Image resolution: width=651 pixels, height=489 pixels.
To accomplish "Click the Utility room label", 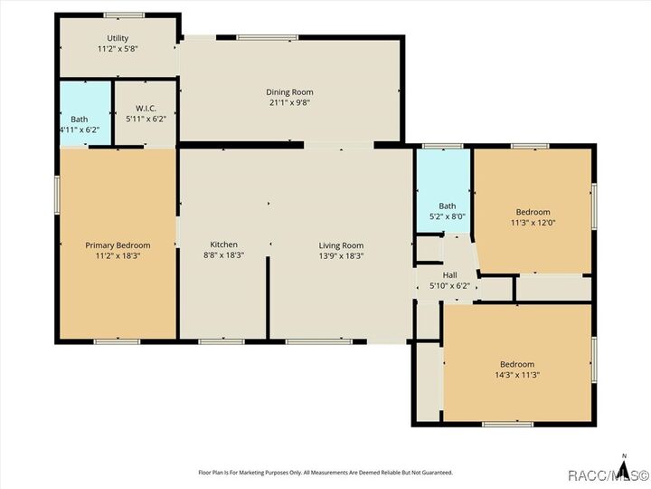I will [x=118, y=38].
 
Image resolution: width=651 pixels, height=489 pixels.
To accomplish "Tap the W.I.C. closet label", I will [x=146, y=108].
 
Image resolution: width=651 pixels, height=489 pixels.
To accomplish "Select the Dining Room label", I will [x=289, y=91].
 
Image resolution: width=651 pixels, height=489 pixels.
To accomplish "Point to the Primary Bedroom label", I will [x=118, y=245].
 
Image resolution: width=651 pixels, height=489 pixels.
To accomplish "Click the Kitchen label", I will [x=224, y=244].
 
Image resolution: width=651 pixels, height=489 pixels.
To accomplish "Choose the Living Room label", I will [x=341, y=245].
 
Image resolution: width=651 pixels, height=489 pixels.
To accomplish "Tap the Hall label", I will [x=449, y=275].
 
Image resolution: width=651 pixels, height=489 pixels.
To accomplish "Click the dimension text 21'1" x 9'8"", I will [x=289, y=102].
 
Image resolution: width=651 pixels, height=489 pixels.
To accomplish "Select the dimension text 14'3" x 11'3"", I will [x=517, y=375].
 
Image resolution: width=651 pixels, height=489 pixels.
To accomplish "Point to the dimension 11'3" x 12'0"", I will [x=532, y=223].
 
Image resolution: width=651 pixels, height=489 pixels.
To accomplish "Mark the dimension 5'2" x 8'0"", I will [x=448, y=216].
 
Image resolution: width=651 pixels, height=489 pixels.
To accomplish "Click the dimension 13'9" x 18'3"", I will [x=341, y=256].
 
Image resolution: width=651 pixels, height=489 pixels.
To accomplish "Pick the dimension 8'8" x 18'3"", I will [x=224, y=256].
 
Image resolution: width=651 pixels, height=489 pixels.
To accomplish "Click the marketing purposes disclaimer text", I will [x=325, y=473].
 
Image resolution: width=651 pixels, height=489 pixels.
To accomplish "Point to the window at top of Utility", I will [x=123, y=15].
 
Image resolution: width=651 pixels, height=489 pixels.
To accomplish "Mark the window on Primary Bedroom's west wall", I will [x=57, y=195].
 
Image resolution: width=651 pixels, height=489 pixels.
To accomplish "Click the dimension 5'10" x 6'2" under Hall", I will [x=449, y=286].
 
